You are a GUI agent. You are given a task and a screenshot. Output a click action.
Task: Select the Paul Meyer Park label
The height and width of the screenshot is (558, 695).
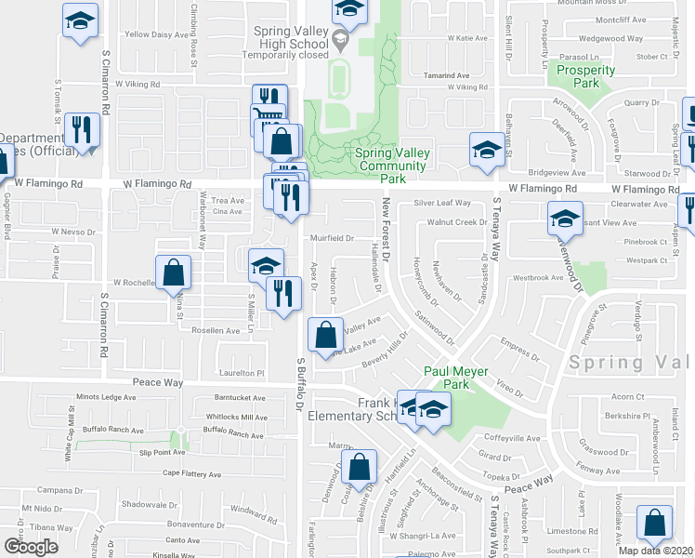[443, 377]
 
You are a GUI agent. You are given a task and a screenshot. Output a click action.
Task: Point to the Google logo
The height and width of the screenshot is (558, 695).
[32, 546]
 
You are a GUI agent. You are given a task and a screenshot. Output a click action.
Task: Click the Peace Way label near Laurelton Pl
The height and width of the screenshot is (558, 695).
[160, 382]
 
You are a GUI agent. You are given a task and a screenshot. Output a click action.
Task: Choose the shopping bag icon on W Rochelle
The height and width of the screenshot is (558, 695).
[173, 274]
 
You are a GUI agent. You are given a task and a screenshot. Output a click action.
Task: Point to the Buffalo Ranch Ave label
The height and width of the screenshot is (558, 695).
[110, 431]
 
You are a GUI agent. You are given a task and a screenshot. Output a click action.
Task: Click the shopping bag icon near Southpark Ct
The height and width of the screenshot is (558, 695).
[655, 525]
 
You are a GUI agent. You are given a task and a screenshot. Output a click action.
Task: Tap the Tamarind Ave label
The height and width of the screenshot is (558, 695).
[445, 75]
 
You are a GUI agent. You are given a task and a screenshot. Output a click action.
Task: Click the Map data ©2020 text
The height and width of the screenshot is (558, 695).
[656, 550]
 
